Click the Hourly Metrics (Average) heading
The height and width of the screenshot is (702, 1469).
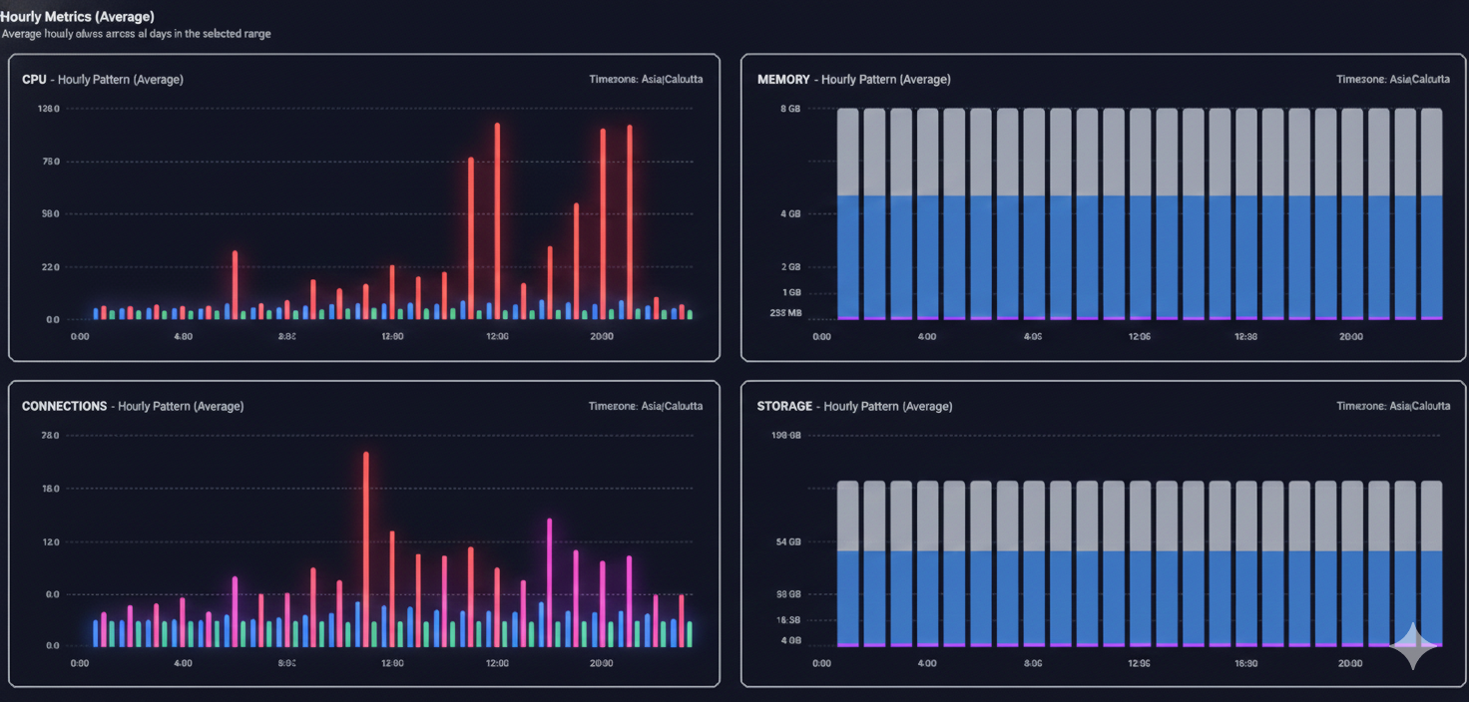(x=77, y=16)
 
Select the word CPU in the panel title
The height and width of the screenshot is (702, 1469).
(x=34, y=79)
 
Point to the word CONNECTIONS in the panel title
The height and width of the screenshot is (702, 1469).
(x=65, y=406)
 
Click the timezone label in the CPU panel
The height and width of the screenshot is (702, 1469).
(x=646, y=79)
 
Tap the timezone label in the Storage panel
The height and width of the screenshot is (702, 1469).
(x=1393, y=406)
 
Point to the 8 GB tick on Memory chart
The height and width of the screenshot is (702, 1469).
(x=788, y=108)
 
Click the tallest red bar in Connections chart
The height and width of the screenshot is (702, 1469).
(x=366, y=538)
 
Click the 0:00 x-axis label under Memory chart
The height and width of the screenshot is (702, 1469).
(x=821, y=337)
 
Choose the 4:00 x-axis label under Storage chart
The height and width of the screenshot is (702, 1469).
(x=926, y=663)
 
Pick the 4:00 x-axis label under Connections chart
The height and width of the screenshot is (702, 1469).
(x=183, y=663)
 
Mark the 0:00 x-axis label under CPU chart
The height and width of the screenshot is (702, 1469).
(x=80, y=337)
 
